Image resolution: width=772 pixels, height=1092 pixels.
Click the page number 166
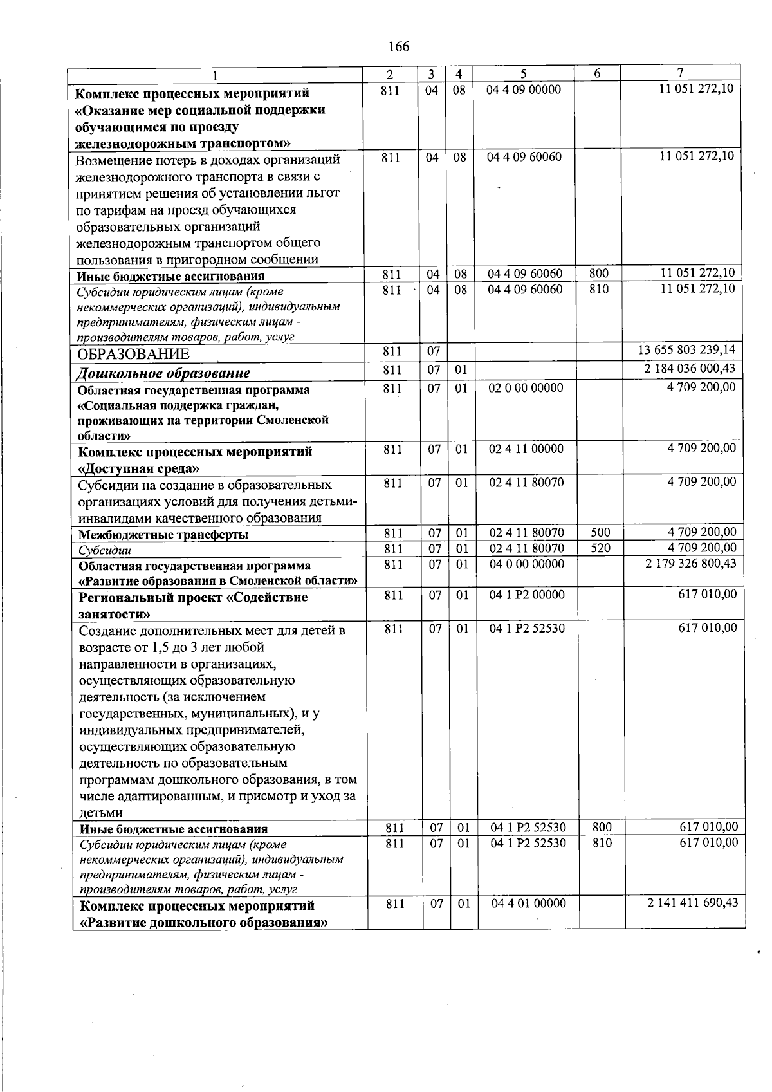click(x=399, y=47)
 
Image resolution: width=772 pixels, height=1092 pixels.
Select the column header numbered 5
click(x=524, y=73)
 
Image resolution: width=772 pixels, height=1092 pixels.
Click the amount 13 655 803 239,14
click(x=686, y=351)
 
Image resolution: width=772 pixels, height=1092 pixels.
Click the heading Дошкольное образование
click(x=163, y=373)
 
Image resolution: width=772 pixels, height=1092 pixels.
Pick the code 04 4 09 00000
click(x=524, y=89)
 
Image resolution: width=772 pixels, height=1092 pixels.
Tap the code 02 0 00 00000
click(x=526, y=388)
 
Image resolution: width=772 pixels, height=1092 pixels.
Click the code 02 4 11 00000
click(x=526, y=449)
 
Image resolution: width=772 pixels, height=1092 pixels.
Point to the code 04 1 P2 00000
click(x=527, y=595)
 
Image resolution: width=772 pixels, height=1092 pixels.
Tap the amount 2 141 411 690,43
click(x=692, y=903)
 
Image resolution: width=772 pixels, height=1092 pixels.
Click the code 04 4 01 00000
click(x=528, y=904)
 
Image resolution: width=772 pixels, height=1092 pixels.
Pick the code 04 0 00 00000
click(x=526, y=564)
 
